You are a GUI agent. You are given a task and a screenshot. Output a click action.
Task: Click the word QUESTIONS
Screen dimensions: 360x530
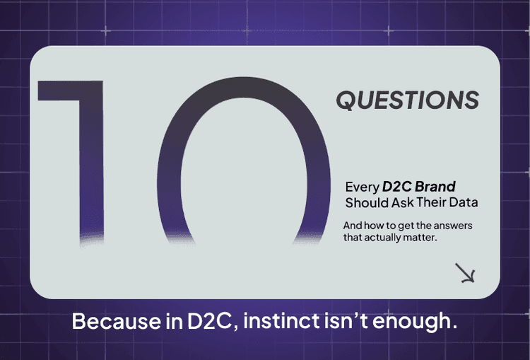click(407, 100)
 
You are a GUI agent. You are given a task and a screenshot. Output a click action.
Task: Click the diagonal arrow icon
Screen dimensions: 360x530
click(465, 273)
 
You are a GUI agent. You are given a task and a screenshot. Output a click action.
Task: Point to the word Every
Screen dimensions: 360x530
click(361, 188)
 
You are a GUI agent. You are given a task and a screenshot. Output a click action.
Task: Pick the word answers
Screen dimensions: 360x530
click(453, 226)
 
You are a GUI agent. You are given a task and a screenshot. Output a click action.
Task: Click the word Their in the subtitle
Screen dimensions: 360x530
click(435, 203)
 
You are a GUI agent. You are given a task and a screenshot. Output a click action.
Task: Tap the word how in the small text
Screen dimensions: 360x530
click(376, 226)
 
